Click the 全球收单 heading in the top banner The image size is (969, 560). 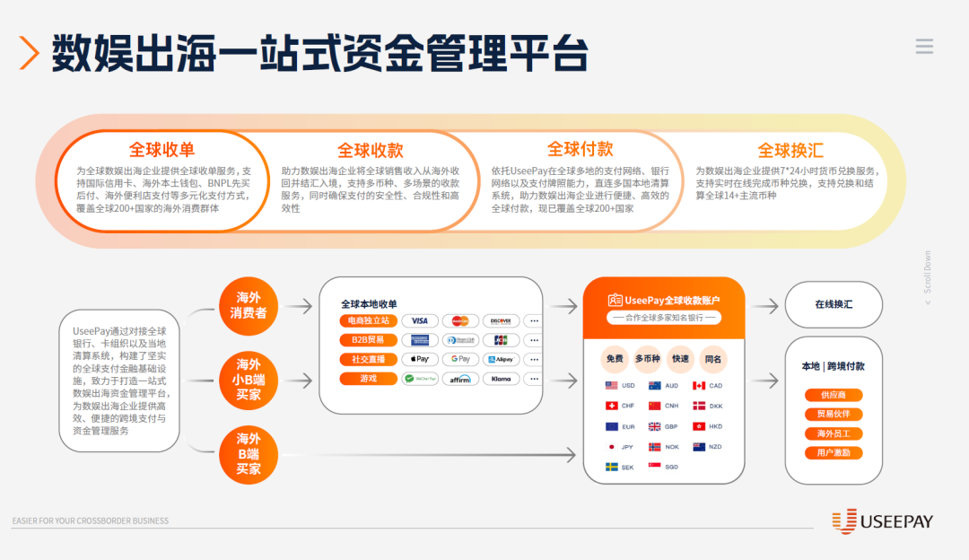pos(161,150)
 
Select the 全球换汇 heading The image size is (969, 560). pos(790,150)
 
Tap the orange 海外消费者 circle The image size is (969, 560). pos(249,306)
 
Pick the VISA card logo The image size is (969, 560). pos(419,320)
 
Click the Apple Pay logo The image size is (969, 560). pos(419,359)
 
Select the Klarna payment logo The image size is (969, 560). pos(502,379)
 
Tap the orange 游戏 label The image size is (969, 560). pos(368,379)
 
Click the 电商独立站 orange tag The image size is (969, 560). pos(368,320)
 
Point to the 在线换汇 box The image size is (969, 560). pos(834,305)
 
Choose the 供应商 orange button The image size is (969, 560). pos(834,395)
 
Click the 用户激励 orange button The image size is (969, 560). pos(834,453)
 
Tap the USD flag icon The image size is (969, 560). pos(612,386)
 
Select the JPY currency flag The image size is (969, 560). pos(612,447)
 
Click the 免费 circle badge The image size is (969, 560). pos(615,359)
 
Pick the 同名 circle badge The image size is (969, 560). pos(713,359)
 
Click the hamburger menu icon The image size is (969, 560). pos(924,47)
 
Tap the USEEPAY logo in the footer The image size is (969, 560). pos(883,521)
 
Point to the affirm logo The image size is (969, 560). pos(460,379)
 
